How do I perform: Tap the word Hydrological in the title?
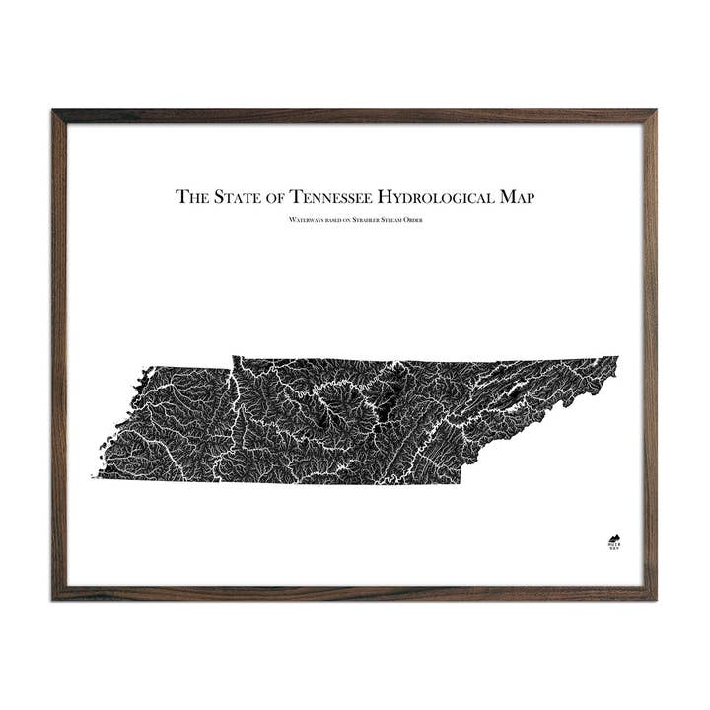(x=442, y=196)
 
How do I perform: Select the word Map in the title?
(x=518, y=196)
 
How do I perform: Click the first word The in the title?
(x=190, y=196)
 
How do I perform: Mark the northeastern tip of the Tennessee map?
(x=618, y=357)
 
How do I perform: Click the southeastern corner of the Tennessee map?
(x=461, y=483)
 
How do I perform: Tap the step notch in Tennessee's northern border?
(x=233, y=360)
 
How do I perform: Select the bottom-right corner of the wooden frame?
(x=655, y=598)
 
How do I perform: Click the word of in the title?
(x=269, y=196)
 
